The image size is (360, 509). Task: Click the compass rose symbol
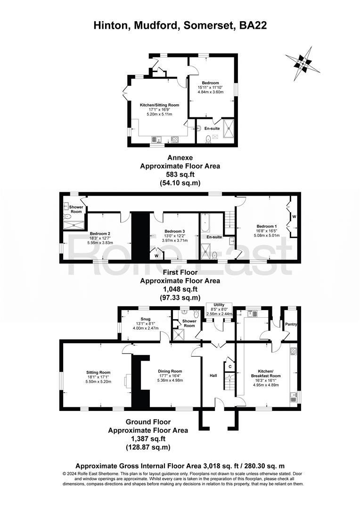tap(303, 63)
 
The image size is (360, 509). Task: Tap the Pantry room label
tap(291, 324)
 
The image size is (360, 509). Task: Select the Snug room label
tap(146, 319)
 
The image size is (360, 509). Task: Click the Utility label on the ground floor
tap(219, 305)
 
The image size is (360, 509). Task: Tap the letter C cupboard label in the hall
tap(230, 367)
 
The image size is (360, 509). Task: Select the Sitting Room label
tap(98, 372)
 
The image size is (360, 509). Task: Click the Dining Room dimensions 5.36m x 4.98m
tap(170, 380)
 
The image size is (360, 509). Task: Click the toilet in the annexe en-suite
tap(208, 139)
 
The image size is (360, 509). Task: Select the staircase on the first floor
tap(230, 224)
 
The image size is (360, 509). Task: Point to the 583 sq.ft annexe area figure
tap(180, 174)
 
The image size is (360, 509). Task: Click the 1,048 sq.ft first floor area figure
tap(180, 289)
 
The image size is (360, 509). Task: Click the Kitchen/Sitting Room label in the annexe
tap(159, 105)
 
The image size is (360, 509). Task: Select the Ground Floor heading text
tap(148, 422)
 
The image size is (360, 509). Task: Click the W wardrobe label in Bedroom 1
tap(294, 216)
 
